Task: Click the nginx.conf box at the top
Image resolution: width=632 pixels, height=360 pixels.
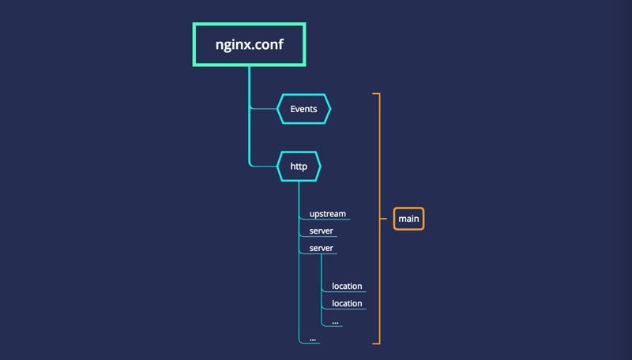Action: coord(249,45)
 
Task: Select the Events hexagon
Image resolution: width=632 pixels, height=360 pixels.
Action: coord(303,109)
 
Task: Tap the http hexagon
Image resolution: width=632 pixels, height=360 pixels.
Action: coord(299,167)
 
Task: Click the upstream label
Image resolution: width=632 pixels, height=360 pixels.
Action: coord(327,214)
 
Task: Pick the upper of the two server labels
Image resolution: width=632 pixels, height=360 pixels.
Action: coord(321,231)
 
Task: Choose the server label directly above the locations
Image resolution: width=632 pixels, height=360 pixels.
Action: coord(321,248)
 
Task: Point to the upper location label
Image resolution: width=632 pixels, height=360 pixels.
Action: coord(347,286)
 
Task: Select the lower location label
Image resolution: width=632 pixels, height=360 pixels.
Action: coord(347,303)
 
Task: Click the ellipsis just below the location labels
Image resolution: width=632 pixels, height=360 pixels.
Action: coord(336,321)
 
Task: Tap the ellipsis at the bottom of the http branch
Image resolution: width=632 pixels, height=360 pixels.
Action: coord(313,339)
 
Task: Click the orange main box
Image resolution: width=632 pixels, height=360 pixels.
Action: coord(408,219)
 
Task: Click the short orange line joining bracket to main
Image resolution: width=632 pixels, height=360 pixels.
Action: coord(386,219)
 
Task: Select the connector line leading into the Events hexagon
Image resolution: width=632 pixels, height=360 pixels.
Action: coord(265,109)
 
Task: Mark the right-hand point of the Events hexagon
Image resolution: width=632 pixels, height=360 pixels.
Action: coord(329,109)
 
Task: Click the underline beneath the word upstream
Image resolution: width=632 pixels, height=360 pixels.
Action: coord(325,219)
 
